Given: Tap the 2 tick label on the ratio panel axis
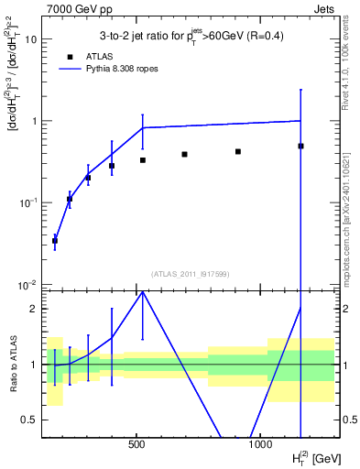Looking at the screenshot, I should coord(33,309).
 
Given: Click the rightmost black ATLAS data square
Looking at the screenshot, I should coord(300,146).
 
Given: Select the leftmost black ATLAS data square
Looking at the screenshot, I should coord(55,240).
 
